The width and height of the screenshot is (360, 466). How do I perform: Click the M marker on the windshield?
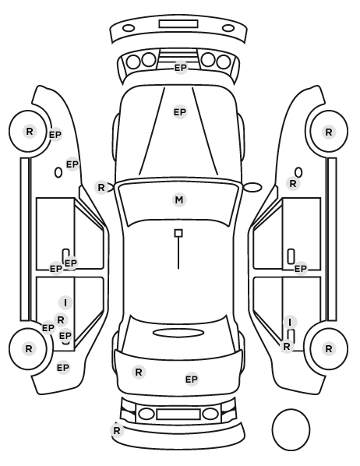point(179,200)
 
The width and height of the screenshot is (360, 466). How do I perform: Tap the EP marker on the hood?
point(180,112)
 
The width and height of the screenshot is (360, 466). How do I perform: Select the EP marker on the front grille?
point(181,68)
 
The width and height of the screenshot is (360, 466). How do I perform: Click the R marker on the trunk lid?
point(139,372)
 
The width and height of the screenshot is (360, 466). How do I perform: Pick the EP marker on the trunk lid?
point(192,380)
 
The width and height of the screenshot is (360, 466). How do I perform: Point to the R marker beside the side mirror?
point(101,188)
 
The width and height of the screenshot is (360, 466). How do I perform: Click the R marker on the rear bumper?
point(117,430)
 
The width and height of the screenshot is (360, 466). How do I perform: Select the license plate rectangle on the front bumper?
point(178,24)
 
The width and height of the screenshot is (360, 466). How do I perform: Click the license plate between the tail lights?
point(178,415)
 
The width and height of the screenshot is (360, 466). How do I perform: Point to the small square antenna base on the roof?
point(178,233)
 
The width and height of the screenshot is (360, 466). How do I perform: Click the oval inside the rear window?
point(178,334)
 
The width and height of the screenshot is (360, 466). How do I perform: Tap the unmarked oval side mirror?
point(252,187)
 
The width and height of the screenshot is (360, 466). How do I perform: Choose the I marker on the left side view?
point(65,303)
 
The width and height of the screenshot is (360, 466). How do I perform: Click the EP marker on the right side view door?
point(300,269)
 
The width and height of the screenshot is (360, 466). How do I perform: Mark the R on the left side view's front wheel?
point(30,131)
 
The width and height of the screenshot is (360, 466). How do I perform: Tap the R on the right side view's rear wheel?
point(329,348)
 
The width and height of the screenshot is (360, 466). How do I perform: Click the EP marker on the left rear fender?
point(63,368)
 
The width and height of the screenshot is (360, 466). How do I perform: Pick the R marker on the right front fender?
point(293,184)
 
